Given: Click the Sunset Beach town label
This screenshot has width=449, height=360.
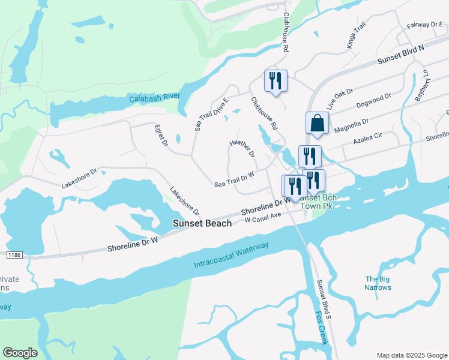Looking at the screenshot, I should tap(202, 223).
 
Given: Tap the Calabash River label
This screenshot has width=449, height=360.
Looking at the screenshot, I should tap(155, 97).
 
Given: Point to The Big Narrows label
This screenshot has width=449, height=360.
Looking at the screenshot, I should tap(378, 283).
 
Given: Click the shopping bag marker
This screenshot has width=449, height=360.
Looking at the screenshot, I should tap(317, 123).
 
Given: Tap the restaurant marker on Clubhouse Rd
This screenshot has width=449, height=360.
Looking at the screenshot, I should tap(276, 81).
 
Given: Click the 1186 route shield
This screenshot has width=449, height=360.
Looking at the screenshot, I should tap(14, 256).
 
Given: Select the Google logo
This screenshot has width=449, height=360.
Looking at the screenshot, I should tap(20, 353).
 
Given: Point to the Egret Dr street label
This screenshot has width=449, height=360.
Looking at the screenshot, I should tap(160, 135).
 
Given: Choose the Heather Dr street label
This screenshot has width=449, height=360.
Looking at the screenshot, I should tap(242, 149).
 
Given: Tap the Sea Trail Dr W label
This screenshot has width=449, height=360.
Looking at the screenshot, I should tap(234, 179).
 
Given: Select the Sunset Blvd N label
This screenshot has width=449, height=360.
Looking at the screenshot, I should tap(400, 55).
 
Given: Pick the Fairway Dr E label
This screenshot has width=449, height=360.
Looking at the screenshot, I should tap(424, 25).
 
